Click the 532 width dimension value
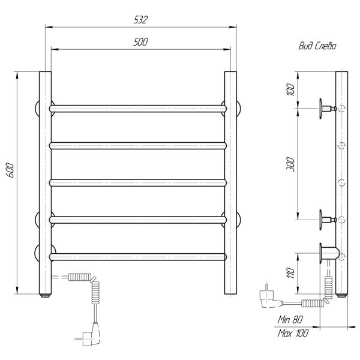point(140,20)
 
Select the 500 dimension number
point(140,42)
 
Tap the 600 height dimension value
point(10,170)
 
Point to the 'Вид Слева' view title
point(317,46)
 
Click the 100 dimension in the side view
point(290,89)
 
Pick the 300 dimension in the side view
point(290,164)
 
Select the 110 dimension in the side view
point(290,272)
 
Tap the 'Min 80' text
point(290,319)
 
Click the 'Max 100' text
point(293,333)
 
